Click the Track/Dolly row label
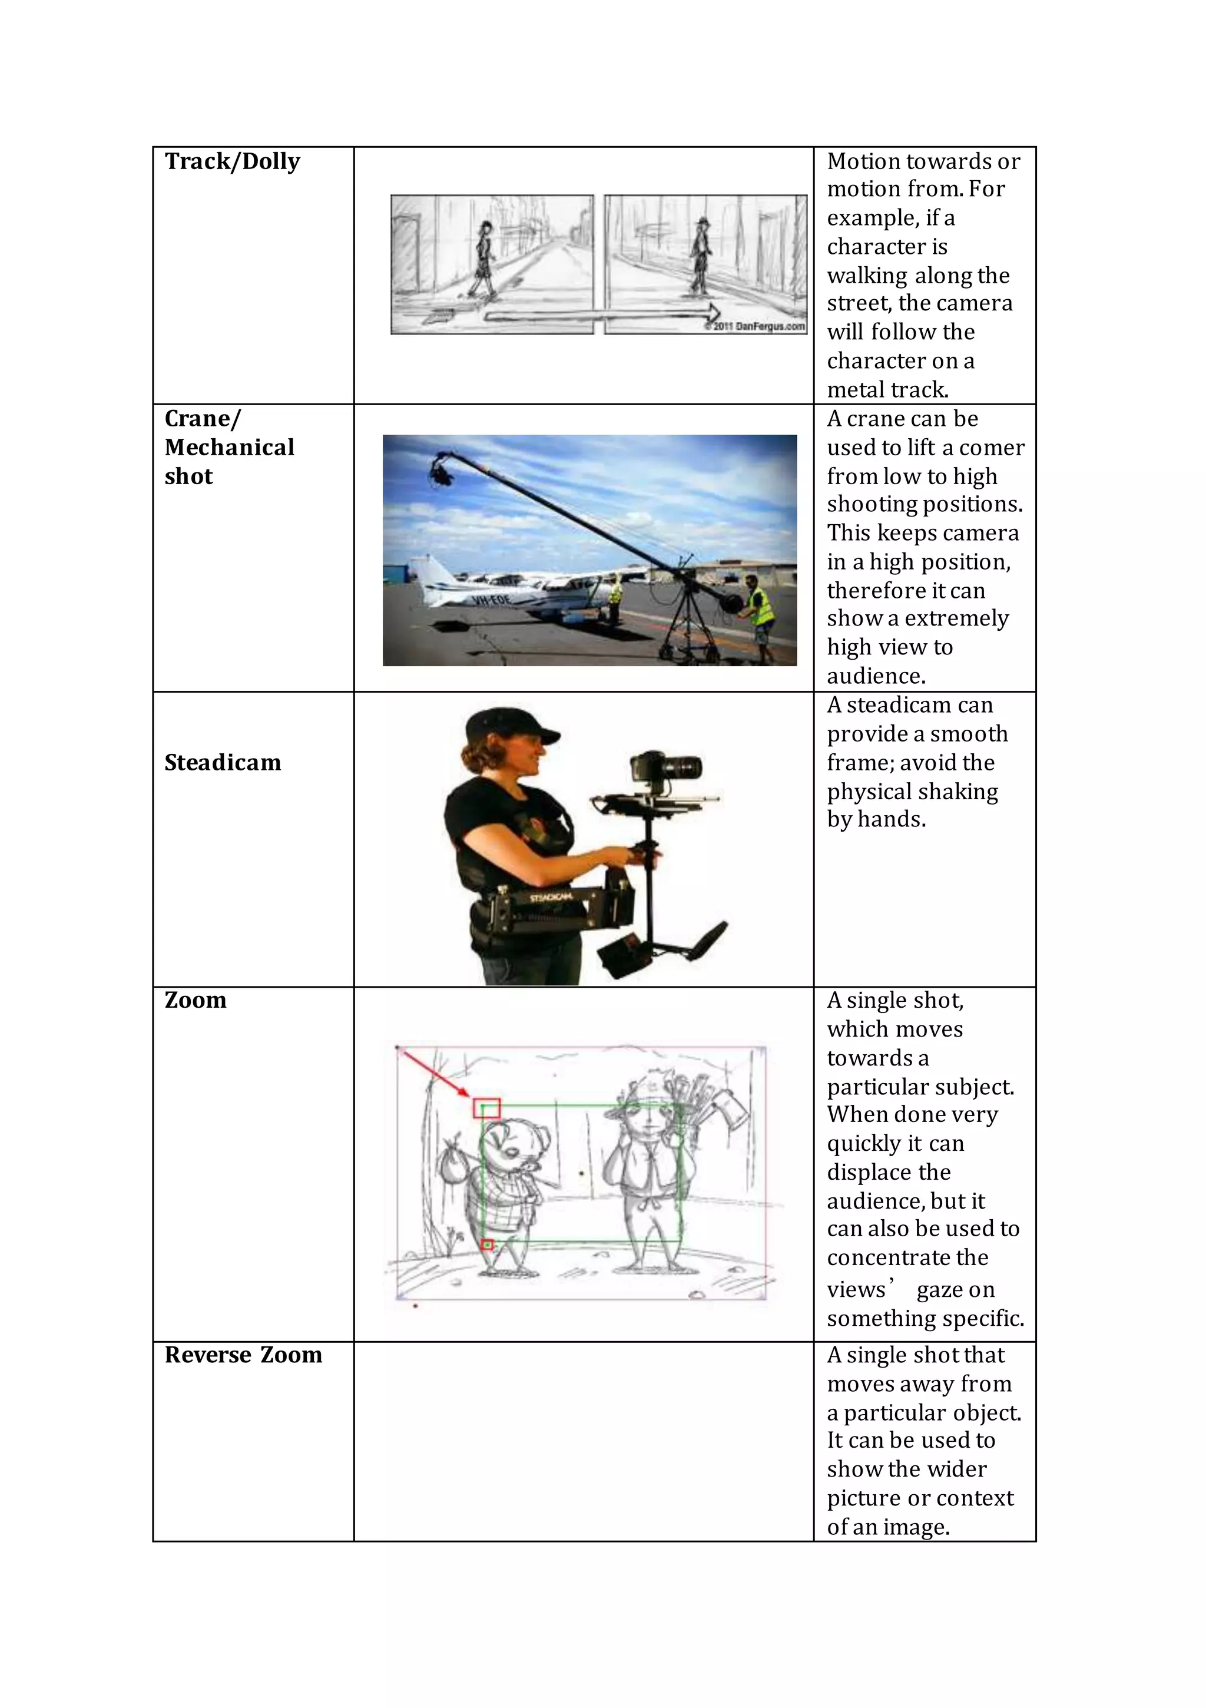click(x=232, y=161)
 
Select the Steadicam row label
click(x=223, y=763)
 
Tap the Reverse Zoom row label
click(x=243, y=1355)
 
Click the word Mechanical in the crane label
click(x=229, y=447)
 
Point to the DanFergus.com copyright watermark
click(x=755, y=326)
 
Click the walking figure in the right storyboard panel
click(x=700, y=257)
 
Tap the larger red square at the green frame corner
click(x=486, y=1108)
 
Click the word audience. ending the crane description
click(x=876, y=676)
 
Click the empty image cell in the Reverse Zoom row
click(x=584, y=1441)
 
